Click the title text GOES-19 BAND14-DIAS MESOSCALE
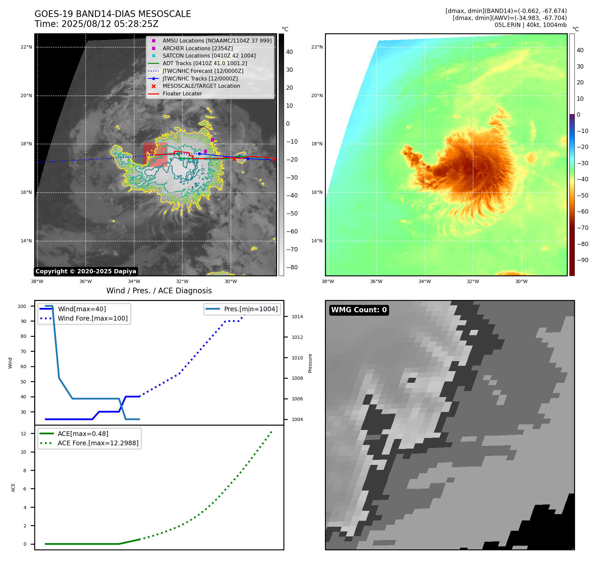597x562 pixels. (x=113, y=14)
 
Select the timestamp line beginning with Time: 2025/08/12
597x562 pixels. (x=96, y=24)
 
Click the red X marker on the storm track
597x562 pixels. (x=234, y=159)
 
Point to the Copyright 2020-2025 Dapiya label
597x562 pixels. (x=86, y=271)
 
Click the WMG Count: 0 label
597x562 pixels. (x=359, y=310)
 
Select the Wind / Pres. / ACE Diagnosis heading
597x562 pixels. (x=159, y=291)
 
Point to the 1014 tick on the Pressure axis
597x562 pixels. (x=297, y=317)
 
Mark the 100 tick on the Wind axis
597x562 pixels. (x=22, y=306)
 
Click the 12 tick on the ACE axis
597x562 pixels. (x=23, y=434)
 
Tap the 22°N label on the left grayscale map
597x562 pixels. (x=26, y=47)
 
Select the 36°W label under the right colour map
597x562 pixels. (x=376, y=281)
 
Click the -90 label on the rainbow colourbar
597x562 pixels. (x=582, y=260)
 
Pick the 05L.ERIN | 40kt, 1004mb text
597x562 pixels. (x=531, y=25)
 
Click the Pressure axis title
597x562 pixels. (x=310, y=363)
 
